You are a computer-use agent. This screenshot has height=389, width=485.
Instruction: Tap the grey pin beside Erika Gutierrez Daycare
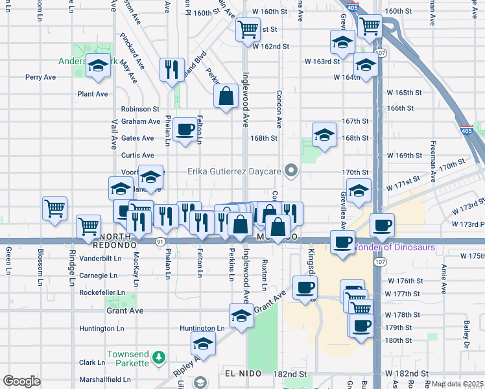[291, 171]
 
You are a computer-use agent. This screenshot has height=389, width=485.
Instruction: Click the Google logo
[21, 381]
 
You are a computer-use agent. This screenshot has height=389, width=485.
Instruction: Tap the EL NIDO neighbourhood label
[242, 374]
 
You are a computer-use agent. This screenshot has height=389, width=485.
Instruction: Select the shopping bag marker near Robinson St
[226, 96]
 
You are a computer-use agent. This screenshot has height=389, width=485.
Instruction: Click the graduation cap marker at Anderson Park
[98, 66]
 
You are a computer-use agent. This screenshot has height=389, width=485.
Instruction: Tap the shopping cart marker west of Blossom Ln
[54, 209]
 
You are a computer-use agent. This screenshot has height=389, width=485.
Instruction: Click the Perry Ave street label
[41, 77]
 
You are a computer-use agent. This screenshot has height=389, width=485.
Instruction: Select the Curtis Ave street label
[137, 156]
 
